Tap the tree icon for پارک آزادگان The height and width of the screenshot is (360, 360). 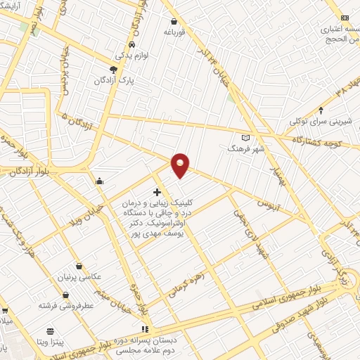click(x=113, y=69)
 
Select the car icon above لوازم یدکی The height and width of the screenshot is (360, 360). click(x=122, y=44)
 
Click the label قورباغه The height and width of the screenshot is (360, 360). click(x=174, y=32)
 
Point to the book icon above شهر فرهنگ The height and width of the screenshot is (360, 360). click(x=245, y=137)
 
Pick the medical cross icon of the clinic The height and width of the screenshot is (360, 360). click(x=156, y=191)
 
